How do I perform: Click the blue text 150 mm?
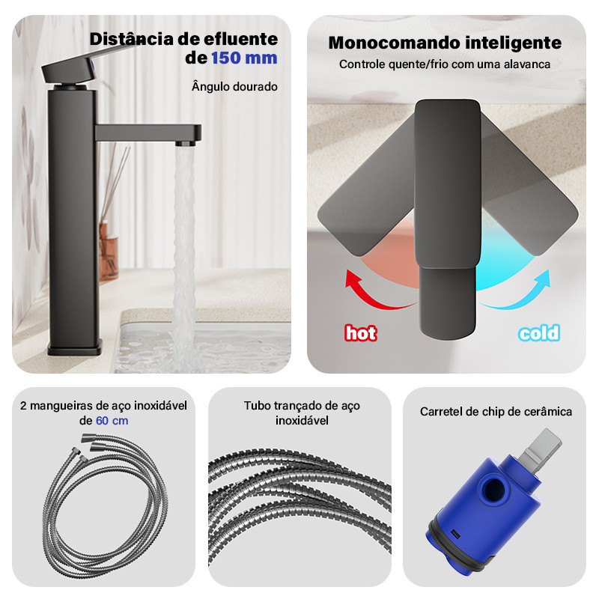pyautogui.click(x=244, y=58)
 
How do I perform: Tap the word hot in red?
pyautogui.click(x=361, y=333)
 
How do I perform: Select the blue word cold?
pyautogui.click(x=539, y=333)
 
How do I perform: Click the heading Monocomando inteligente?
pyautogui.click(x=445, y=43)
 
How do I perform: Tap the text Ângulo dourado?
pyautogui.click(x=234, y=86)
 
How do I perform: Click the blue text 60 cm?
pyautogui.click(x=112, y=421)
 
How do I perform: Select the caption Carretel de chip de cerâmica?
pyautogui.click(x=496, y=411)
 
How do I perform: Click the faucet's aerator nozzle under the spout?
pyautogui.click(x=186, y=144)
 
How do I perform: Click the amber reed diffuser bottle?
pyautogui.click(x=108, y=250)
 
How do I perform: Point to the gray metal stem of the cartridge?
pyautogui.click(x=541, y=448)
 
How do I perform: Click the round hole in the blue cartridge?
pyautogui.click(x=493, y=490)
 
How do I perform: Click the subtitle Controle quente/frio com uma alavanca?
pyautogui.click(x=445, y=64)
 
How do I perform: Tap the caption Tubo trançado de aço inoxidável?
pyautogui.click(x=302, y=413)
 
